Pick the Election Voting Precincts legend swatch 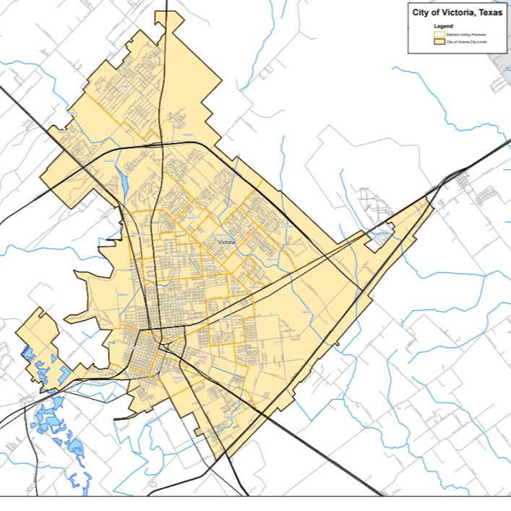[437, 34]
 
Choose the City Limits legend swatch [437, 43]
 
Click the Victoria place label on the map [226, 242]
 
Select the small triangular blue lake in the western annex [28, 354]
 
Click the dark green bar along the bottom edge [255, 504]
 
